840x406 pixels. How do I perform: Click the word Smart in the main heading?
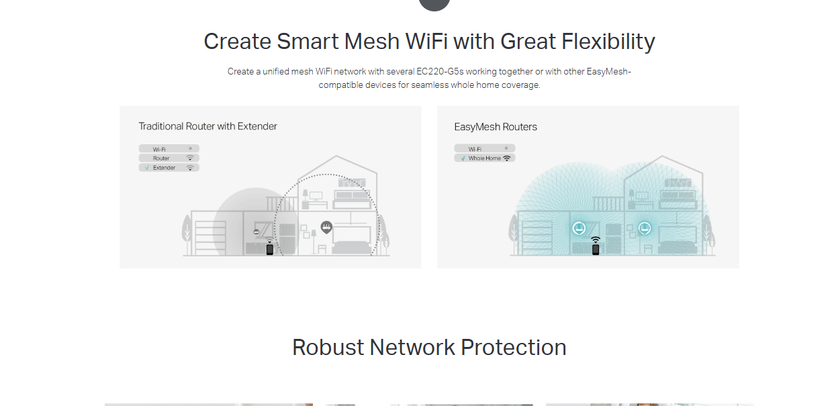(x=306, y=42)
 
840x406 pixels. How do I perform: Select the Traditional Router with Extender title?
(x=207, y=126)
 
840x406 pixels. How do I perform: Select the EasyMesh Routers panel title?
(x=496, y=127)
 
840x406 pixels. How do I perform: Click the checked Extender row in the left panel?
(x=169, y=168)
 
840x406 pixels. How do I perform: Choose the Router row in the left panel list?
(x=169, y=158)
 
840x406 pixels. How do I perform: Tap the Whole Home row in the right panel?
(x=485, y=158)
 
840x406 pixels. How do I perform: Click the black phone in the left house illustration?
(x=270, y=250)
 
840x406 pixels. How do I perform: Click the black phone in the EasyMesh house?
(x=596, y=250)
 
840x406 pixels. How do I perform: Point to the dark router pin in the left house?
(x=326, y=227)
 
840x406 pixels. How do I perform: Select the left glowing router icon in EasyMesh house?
(x=579, y=228)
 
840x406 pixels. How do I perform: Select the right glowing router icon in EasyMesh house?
(x=645, y=228)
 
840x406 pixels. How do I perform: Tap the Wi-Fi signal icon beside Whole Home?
(x=507, y=158)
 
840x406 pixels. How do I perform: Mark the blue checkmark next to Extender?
(x=146, y=168)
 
